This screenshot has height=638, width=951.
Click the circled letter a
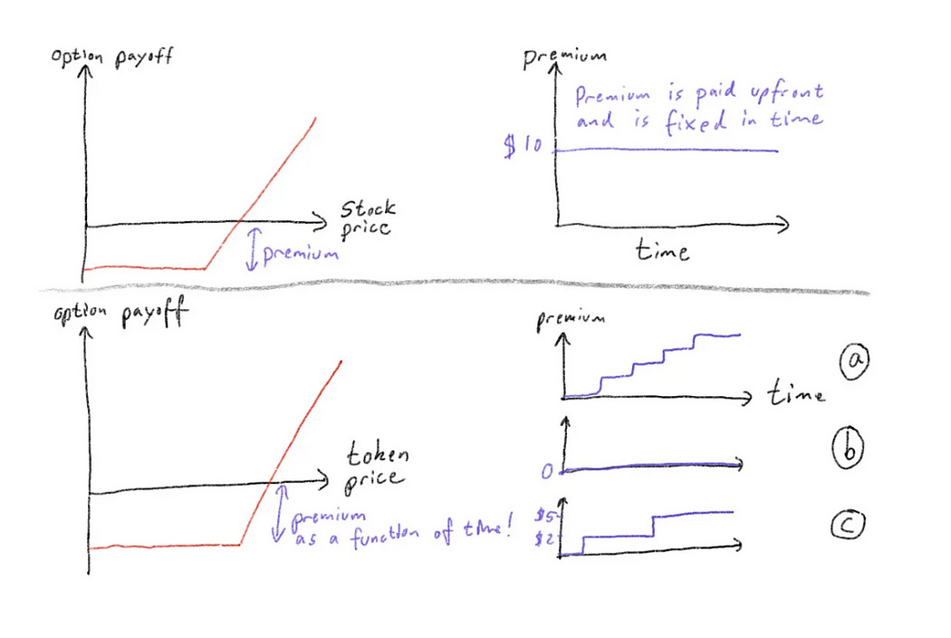[x=852, y=363]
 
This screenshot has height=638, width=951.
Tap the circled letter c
[x=851, y=523]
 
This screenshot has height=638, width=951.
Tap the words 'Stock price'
[x=367, y=218]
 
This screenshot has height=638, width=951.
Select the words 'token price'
[x=375, y=463]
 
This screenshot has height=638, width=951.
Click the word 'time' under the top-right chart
[x=661, y=249]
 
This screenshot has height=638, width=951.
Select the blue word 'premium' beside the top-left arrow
[x=301, y=254]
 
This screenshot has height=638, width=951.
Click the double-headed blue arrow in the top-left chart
[x=252, y=249]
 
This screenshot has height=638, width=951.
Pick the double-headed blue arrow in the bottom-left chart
[x=280, y=512]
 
